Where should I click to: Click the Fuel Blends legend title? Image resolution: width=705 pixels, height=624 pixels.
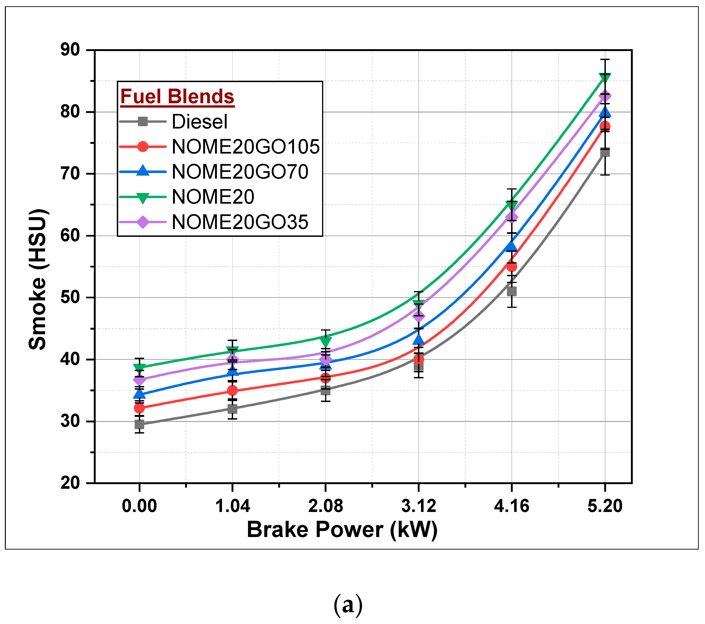point(177,96)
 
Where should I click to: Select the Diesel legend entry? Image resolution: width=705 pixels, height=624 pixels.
point(199,122)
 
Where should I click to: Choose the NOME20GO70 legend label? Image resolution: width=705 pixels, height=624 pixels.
point(240,172)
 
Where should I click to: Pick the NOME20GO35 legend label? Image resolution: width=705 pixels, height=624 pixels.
point(240,222)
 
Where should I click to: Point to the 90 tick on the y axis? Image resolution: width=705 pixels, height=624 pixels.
point(70,50)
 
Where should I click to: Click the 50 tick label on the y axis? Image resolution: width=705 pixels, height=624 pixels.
point(70,298)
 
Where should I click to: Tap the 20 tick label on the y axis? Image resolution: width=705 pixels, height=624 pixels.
point(70,483)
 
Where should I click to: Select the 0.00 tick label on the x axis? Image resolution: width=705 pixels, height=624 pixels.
point(139,506)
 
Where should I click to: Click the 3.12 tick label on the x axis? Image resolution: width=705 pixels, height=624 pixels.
point(418,506)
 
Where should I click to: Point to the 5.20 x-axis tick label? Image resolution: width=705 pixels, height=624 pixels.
point(605,506)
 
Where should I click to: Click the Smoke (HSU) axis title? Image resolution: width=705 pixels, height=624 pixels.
point(38,279)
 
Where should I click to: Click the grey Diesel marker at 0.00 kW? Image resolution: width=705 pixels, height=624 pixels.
point(139,425)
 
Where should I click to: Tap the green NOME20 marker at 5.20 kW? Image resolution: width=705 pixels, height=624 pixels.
point(605,77)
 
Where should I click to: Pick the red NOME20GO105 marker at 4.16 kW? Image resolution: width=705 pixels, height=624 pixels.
point(512,267)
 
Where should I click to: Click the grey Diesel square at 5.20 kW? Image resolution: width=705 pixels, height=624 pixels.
point(605,152)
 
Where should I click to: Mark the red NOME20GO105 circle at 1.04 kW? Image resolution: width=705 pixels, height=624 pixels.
point(232,390)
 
